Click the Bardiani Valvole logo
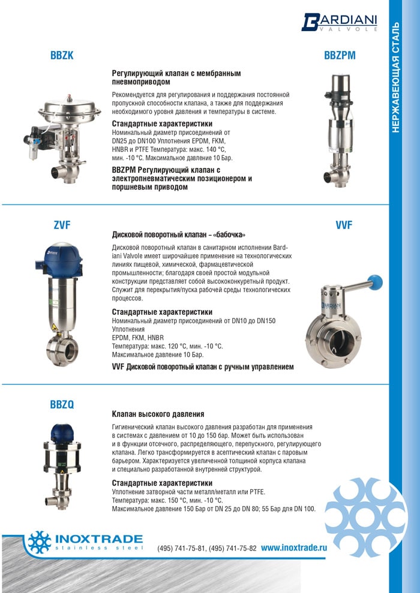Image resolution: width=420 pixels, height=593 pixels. tap(340, 22)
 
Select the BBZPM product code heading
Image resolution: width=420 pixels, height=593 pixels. tap(340, 56)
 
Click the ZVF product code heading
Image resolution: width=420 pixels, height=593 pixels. tap(62, 225)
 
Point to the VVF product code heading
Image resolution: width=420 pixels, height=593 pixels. tap(344, 225)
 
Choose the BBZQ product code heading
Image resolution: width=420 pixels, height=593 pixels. tap(62, 405)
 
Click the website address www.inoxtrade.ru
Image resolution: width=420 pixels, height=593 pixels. tap(294, 547)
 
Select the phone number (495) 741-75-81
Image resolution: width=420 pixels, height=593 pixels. tap(182, 548)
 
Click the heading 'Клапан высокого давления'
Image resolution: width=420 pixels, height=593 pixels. tap(158, 414)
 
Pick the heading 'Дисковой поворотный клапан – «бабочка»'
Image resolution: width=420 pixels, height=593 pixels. tap(179, 234)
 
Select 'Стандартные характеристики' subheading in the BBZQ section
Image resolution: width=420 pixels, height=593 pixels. tap(162, 483)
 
